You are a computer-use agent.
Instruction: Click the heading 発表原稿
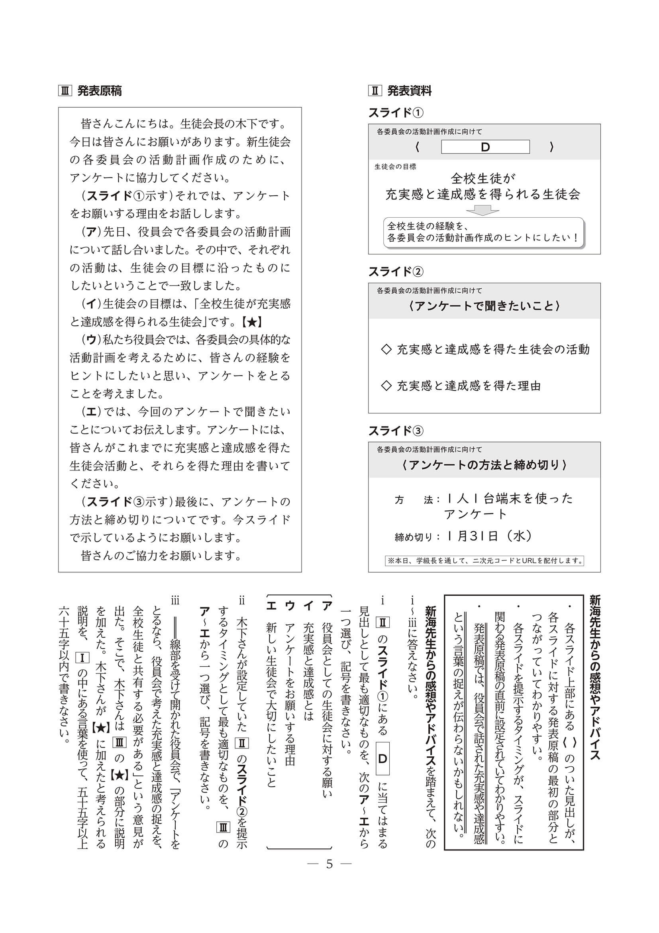click(99, 91)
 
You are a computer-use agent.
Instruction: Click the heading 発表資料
click(409, 91)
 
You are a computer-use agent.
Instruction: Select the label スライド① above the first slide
click(396, 112)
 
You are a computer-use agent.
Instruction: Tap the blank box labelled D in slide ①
click(485, 147)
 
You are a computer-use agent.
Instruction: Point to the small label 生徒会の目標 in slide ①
click(395, 167)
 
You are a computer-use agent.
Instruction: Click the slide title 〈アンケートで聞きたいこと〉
click(484, 305)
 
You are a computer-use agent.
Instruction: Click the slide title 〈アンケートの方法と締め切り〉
click(484, 465)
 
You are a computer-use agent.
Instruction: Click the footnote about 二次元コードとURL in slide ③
click(484, 561)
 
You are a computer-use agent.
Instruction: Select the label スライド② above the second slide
click(396, 272)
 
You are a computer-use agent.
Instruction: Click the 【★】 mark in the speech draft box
click(249, 322)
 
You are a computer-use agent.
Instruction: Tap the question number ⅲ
click(175, 601)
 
